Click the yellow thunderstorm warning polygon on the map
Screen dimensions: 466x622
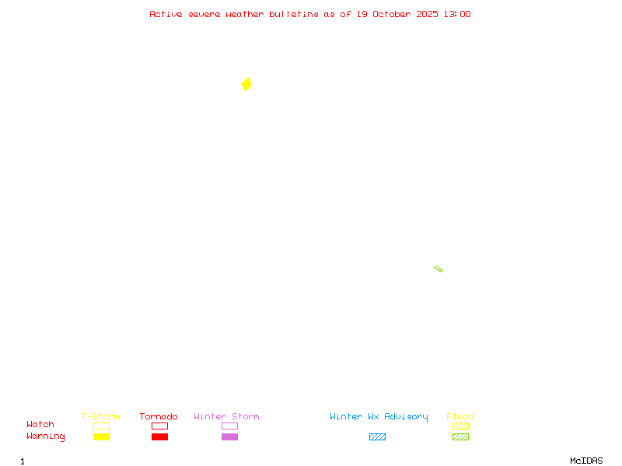tap(246, 84)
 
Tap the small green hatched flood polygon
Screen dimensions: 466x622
tap(439, 269)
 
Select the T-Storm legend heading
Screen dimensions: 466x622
tap(100, 417)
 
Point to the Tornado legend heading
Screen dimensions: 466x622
tap(159, 417)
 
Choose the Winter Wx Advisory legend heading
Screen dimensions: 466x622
tap(379, 417)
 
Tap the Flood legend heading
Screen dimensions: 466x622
tap(460, 417)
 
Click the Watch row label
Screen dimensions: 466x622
tap(40, 425)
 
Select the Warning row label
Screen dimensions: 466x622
tap(46, 436)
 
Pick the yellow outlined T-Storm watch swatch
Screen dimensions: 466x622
tap(101, 426)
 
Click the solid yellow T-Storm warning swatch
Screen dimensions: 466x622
tap(101, 436)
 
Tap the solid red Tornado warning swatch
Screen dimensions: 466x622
tap(159, 436)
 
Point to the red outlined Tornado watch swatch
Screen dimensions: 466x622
tap(159, 426)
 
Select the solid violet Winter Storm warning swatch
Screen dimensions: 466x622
tap(229, 436)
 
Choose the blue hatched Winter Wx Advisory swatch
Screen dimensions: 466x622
tap(377, 436)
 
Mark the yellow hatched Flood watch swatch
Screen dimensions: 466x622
tap(460, 426)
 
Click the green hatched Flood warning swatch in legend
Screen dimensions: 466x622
tap(460, 436)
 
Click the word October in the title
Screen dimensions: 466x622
tap(392, 14)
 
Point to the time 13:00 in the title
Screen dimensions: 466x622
tap(456, 14)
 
